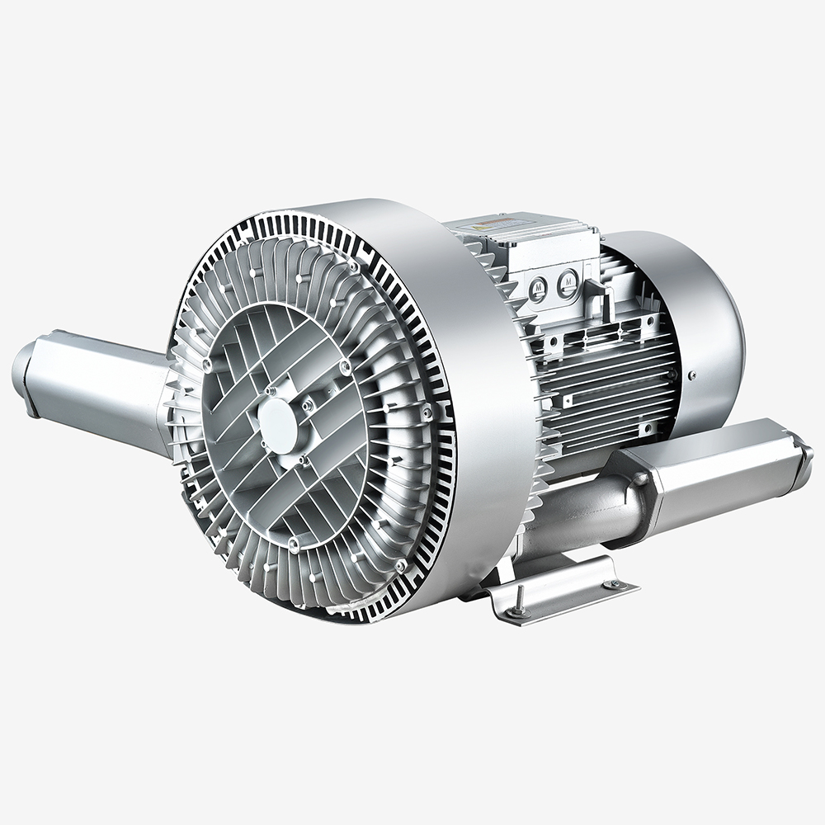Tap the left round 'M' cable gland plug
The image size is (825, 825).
[x=539, y=288]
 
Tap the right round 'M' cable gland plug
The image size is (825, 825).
[x=568, y=284]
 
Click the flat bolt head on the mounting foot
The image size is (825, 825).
[x=612, y=585]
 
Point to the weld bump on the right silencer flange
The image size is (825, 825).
[x=639, y=478]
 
